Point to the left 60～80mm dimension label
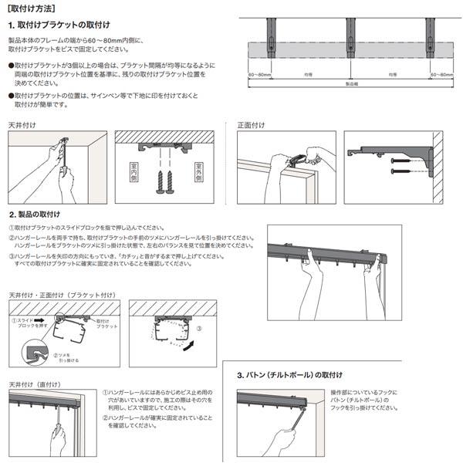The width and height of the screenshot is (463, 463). (260, 75)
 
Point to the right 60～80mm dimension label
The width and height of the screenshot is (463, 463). (441, 75)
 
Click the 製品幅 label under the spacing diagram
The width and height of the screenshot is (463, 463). (350, 84)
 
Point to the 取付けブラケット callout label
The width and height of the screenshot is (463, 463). (106, 323)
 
